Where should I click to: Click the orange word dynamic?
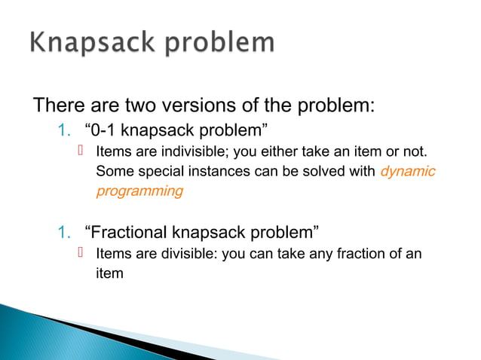tap(408, 171)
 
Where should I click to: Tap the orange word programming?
tap(139, 191)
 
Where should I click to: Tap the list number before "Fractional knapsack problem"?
tap(63, 230)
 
